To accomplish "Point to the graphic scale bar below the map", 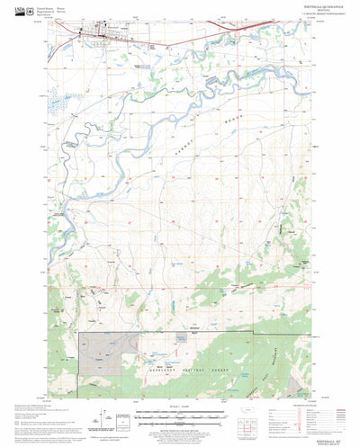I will pos(180,416).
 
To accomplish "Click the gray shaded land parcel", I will pos(108,353).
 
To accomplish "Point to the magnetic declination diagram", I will pos(117,416).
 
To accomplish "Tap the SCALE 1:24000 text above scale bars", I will pos(179,407).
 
